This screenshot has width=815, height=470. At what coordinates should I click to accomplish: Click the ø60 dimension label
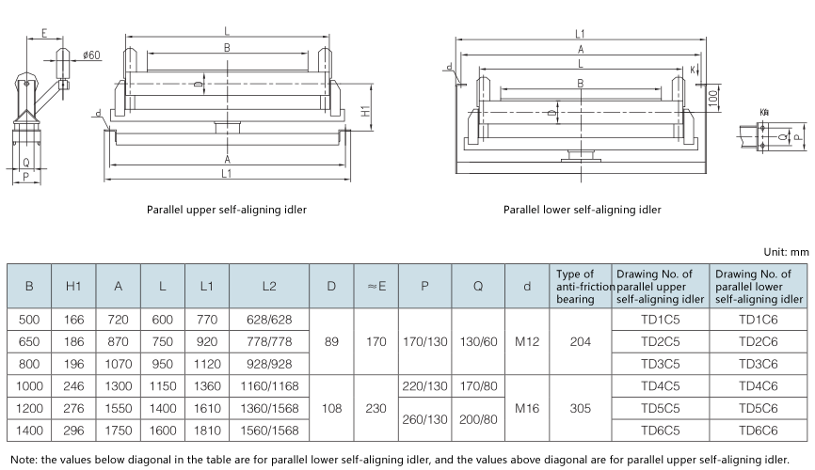(x=91, y=55)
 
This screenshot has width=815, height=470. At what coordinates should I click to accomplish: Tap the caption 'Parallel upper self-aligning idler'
(x=226, y=210)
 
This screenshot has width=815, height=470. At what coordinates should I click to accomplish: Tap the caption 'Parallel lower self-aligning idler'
(x=582, y=210)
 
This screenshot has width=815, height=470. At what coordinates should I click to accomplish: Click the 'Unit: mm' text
(x=786, y=252)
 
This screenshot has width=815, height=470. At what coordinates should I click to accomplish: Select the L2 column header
(x=270, y=286)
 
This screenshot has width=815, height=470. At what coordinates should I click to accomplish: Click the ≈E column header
(x=376, y=286)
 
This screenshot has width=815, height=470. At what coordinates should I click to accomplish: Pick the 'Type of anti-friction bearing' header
(x=581, y=286)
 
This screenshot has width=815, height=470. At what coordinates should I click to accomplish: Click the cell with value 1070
(x=119, y=364)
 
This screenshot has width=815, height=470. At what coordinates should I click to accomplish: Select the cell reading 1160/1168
(x=270, y=385)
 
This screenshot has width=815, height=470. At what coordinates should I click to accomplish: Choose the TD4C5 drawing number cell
(x=662, y=385)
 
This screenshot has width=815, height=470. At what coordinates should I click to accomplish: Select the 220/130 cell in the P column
(x=425, y=385)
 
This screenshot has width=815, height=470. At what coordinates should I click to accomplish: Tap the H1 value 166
(x=74, y=320)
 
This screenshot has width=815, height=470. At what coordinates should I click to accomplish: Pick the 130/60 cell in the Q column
(x=478, y=341)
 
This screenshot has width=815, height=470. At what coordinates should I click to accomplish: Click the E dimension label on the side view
(x=44, y=34)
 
